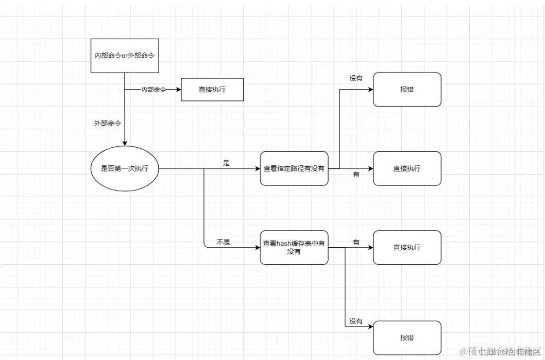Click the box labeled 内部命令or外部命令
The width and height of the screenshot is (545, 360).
[124, 56]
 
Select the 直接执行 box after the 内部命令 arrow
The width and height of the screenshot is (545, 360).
[212, 89]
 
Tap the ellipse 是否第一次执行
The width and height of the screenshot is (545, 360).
[124, 168]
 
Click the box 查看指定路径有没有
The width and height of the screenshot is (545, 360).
[294, 168]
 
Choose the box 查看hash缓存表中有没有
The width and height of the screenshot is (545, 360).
[294, 247]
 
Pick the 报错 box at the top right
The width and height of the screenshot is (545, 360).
[407, 89]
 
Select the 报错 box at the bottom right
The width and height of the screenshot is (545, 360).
[407, 338]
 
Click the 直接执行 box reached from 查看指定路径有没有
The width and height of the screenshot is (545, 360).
[407, 168]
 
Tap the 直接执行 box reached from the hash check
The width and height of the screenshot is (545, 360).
[407, 247]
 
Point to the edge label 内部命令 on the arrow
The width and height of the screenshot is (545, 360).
[154, 89]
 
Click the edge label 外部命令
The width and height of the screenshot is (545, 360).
[107, 123]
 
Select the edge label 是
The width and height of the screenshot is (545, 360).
[226, 163]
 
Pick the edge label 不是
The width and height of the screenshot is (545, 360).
[223, 242]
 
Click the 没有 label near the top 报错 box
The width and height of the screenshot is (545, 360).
[356, 78]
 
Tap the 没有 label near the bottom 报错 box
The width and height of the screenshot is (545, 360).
[356, 321]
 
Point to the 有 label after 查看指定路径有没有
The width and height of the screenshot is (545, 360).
[356, 175]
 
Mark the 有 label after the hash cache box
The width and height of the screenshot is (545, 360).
[356, 242]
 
